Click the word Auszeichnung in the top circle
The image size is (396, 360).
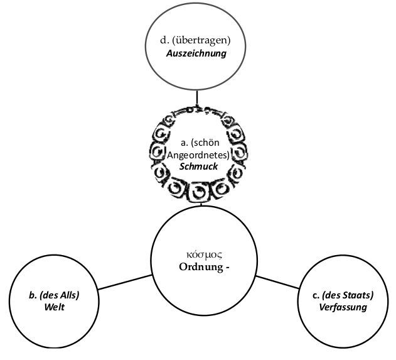click(196, 54)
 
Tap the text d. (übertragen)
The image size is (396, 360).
click(196, 41)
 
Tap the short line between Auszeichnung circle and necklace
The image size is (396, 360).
click(198, 100)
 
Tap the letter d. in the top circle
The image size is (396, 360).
click(165, 41)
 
